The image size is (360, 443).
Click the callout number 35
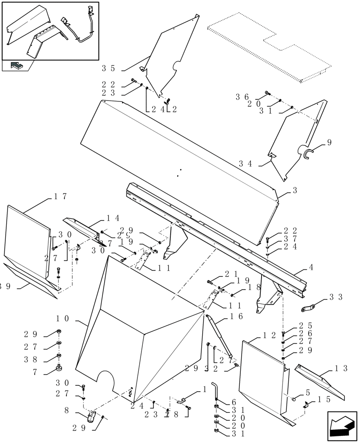pos(108,69)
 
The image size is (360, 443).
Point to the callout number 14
pos(113,218)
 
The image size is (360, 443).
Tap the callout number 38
pos(37,360)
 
